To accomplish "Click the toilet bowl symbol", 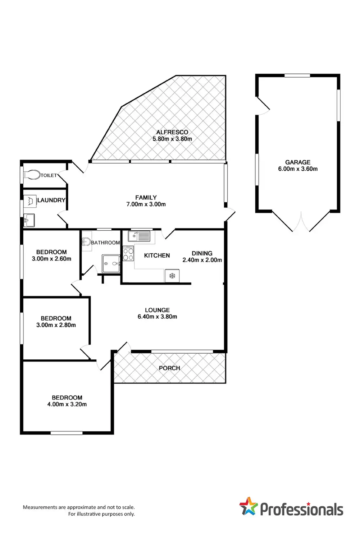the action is (32, 175).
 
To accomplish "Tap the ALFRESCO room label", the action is (172, 132).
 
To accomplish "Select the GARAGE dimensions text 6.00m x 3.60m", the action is (298, 169).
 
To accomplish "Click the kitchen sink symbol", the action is (139, 236).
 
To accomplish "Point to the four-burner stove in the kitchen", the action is (128, 254).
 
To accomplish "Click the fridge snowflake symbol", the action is (172, 276).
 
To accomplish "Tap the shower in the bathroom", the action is (111, 264).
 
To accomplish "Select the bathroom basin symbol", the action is (86, 241).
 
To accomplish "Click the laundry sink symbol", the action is (29, 220).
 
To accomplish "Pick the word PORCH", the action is (169, 368).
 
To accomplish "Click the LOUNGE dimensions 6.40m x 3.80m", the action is (157, 317).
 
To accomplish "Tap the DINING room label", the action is (202, 253).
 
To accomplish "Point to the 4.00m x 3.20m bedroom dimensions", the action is (67, 404).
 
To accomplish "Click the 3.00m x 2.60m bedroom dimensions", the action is (51, 259).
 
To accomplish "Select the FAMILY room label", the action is (146, 197).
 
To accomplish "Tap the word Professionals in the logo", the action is (301, 510).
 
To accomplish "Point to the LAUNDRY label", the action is (51, 200).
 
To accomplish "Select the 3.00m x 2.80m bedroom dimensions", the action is (56, 325).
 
